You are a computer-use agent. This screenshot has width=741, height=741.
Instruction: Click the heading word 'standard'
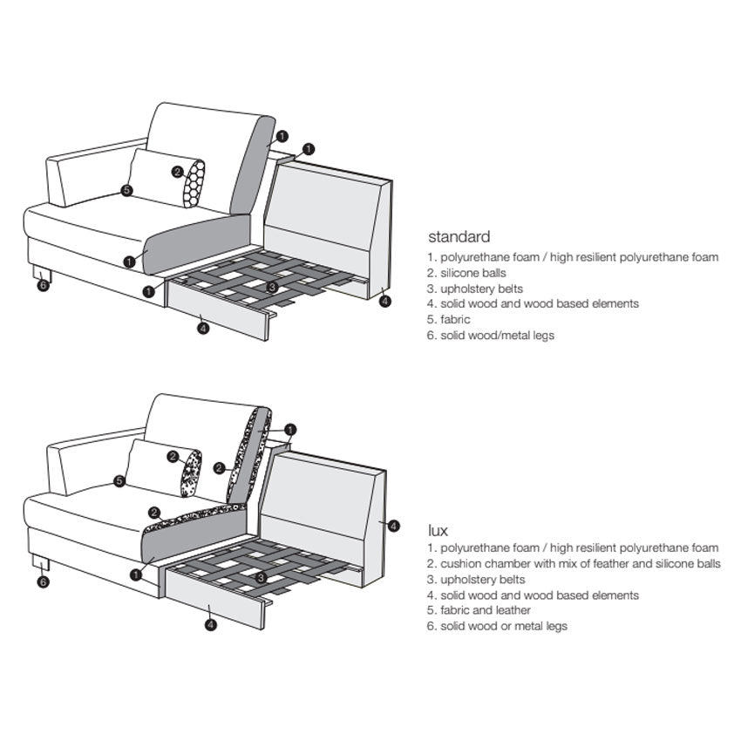pyautogui.click(x=459, y=237)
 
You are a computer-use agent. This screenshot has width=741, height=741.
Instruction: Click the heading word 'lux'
pyautogui.click(x=438, y=530)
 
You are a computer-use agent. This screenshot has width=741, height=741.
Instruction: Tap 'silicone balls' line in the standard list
pyautogui.click(x=466, y=273)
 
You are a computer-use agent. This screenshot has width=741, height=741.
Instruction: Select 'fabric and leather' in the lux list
pyautogui.click(x=479, y=610)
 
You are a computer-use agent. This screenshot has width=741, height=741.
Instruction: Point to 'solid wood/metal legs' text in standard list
pyautogui.click(x=491, y=335)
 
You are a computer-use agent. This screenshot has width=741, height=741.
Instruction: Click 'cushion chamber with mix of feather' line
pyautogui.click(x=574, y=563)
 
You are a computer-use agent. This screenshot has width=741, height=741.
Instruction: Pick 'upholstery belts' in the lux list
pyautogui.click(x=476, y=580)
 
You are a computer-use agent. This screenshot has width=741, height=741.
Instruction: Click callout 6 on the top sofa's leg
pyautogui.click(x=43, y=285)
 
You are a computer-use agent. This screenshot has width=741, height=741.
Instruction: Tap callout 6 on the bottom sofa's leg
pyautogui.click(x=43, y=581)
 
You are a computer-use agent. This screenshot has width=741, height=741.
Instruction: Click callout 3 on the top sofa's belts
pyautogui.click(x=272, y=287)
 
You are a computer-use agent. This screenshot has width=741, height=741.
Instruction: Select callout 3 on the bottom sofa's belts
pyautogui.click(x=261, y=577)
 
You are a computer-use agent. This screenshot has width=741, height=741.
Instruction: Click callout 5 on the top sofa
pyautogui.click(x=126, y=190)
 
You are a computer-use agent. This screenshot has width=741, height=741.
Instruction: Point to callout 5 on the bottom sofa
pyautogui.click(x=119, y=481)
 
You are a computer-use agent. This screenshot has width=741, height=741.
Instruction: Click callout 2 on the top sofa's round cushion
pyautogui.click(x=178, y=172)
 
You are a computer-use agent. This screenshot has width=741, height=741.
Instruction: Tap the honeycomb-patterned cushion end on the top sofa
pyautogui.click(x=194, y=184)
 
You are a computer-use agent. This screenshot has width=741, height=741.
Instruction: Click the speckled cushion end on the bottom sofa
pyautogui.click(x=191, y=473)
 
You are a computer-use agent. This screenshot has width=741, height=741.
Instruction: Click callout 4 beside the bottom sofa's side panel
pyautogui.click(x=393, y=526)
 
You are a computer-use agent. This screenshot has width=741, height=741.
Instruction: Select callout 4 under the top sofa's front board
pyautogui.click(x=203, y=328)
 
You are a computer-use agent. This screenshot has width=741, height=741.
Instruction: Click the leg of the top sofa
pyautogui.click(x=42, y=273)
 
